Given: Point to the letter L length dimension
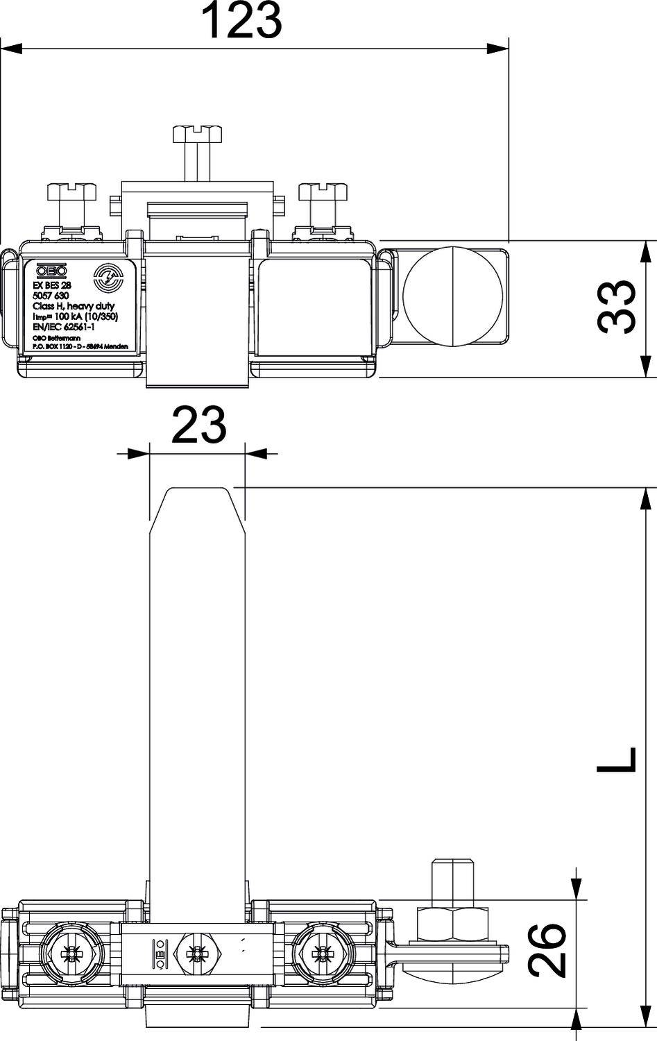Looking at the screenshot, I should (x=616, y=759).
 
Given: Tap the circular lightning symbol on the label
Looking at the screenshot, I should (x=108, y=279).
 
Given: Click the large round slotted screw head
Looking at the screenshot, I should (x=452, y=296).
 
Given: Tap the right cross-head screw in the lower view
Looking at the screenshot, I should (x=320, y=955).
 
